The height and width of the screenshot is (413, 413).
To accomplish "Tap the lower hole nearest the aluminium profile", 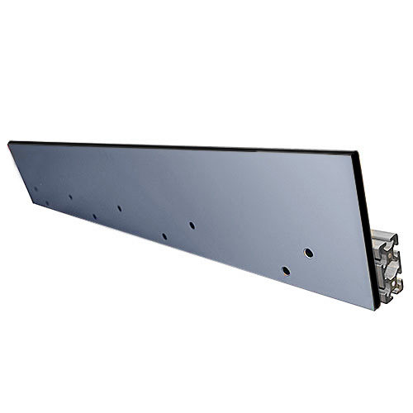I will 285,270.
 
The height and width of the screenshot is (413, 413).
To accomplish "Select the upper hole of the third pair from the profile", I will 119,208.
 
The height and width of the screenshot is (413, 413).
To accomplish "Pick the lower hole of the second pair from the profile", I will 164,236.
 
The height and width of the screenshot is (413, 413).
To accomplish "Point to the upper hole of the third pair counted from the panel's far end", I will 119,208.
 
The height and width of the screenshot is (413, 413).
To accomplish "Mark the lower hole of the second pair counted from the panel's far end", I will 94,216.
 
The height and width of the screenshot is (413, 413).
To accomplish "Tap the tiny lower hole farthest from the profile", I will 47,203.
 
